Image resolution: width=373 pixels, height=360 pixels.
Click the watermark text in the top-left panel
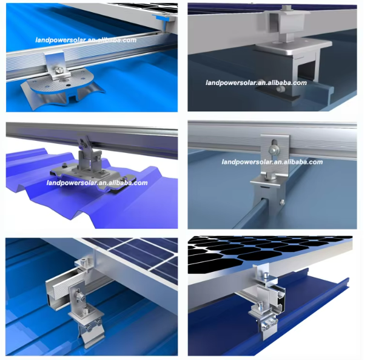point(86,39)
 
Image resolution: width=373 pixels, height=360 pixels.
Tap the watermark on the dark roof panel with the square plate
point(256,83)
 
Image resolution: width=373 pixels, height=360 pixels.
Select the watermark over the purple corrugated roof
point(97,183)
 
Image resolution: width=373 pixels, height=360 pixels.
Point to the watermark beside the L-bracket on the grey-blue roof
point(272,162)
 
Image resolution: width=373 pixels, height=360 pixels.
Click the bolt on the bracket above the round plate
point(58,70)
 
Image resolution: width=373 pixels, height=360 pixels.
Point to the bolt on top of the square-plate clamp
point(285,8)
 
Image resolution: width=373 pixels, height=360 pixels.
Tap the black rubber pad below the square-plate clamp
point(277,93)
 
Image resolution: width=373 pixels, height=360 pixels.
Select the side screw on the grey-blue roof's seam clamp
point(282,203)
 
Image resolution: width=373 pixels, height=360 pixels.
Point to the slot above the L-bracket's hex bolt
point(274,143)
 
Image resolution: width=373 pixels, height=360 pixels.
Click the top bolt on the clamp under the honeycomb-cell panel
point(266,276)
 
